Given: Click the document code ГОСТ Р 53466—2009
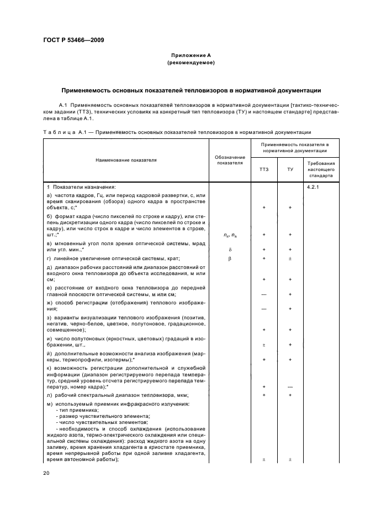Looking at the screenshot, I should [73, 40].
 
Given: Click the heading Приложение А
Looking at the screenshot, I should [191, 56].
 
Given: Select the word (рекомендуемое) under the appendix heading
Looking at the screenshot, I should [191, 63].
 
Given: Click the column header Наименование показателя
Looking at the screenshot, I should [126, 160].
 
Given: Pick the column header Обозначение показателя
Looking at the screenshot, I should [230, 160].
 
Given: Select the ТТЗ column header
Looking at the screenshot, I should [264, 169].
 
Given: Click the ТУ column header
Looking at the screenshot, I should [290, 169].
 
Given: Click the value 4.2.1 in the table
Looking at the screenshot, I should [313, 187].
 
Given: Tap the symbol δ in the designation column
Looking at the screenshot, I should [230, 250].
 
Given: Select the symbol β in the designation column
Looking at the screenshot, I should [230, 258].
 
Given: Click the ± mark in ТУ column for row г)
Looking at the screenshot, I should [290, 258].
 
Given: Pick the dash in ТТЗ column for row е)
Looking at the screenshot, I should [264, 294].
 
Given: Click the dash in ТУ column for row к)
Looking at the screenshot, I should [290, 386].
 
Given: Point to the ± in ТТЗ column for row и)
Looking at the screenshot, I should [264, 345].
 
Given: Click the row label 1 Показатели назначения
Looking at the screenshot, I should [81, 187].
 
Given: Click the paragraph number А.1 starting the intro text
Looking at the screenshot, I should [62, 104].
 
